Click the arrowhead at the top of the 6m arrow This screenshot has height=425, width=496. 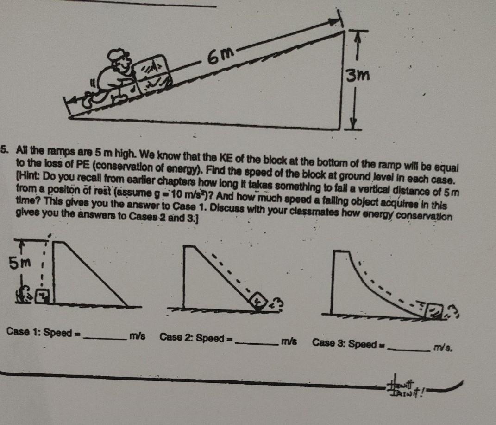click(x=337, y=21)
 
